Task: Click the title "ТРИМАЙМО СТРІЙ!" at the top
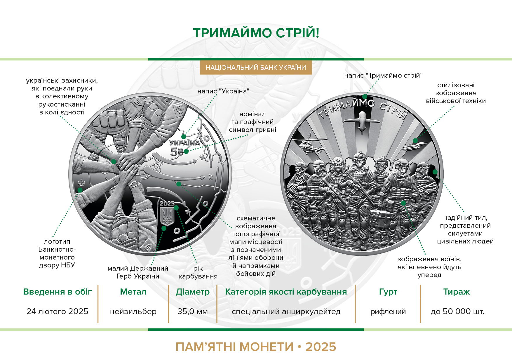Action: click(256, 33)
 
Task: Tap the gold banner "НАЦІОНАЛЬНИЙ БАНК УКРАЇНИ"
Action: click(256, 68)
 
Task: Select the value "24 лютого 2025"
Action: click(58, 311)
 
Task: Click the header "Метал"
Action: click(133, 292)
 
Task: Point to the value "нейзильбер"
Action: click(133, 312)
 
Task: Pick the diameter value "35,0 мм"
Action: click(193, 311)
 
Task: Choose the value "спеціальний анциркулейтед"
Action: click(286, 312)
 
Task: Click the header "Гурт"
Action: click(388, 292)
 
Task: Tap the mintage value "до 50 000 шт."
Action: click(457, 311)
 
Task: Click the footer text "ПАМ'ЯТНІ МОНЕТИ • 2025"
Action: click(256, 347)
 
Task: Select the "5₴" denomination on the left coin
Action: click(177, 152)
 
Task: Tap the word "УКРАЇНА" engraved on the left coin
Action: click(185, 143)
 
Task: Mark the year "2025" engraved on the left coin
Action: click(167, 203)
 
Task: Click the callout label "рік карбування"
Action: click(198, 272)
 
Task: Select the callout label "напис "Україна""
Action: click(223, 91)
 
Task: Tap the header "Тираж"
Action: click(457, 292)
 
